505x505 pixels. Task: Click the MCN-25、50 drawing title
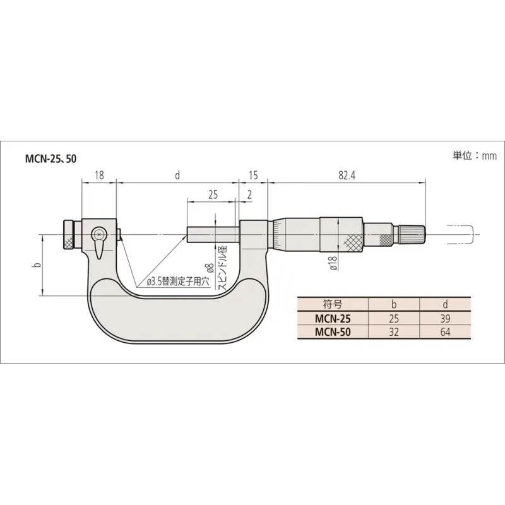click(51, 159)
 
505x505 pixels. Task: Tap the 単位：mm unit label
click(475, 156)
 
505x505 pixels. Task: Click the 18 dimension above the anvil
click(99, 175)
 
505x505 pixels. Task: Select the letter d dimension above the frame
click(177, 175)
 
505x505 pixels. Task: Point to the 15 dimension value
click(253, 175)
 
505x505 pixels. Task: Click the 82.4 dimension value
click(347, 175)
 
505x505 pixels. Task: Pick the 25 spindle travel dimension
click(213, 194)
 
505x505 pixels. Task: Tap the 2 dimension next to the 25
click(249, 194)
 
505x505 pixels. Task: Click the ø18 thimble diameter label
click(334, 263)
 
